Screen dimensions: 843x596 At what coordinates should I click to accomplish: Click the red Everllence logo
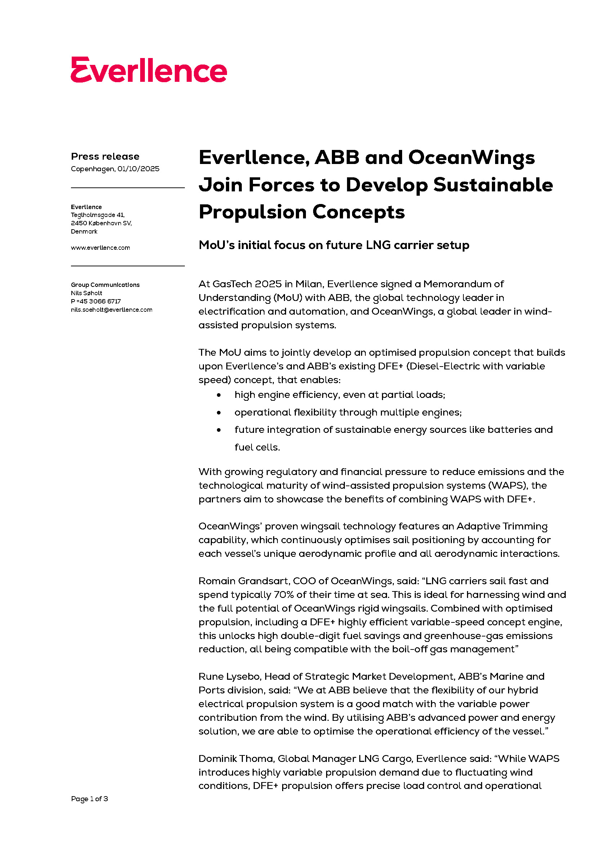[148, 70]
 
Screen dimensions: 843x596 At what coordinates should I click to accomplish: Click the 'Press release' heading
[105, 156]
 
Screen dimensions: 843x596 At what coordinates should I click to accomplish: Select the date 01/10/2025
[138, 169]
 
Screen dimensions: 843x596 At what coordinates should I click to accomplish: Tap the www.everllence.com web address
[100, 248]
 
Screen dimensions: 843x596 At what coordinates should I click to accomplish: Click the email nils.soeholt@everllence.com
[111, 310]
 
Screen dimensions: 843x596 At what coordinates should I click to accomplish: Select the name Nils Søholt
[86, 293]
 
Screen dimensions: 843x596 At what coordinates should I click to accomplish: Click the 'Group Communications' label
[105, 285]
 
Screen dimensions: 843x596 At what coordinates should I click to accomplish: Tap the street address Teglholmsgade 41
[98, 215]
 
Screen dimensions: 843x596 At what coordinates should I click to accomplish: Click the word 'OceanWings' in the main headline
[471, 158]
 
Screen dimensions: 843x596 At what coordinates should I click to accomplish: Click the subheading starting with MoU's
[334, 245]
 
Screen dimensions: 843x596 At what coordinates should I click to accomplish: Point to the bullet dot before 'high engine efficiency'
[219, 395]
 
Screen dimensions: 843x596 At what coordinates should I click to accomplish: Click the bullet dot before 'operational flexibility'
[219, 413]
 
